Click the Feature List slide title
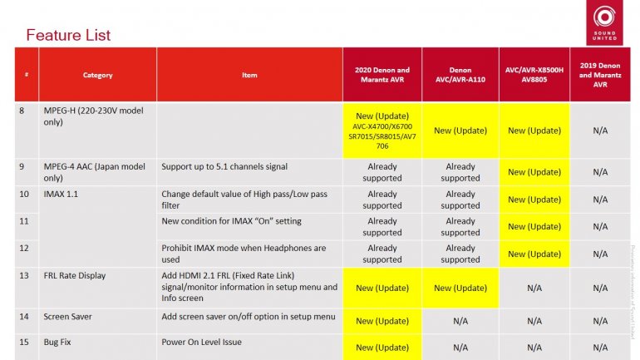(x=68, y=35)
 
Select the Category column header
(x=97, y=75)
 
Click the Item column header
(x=249, y=75)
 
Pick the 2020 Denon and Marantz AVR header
(x=382, y=75)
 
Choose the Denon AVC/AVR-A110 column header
(x=460, y=75)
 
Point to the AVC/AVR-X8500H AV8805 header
(x=534, y=75)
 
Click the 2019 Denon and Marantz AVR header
(x=599, y=75)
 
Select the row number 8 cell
(x=22, y=111)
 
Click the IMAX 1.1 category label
(x=61, y=194)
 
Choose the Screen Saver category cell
(x=67, y=317)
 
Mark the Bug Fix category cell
(x=58, y=342)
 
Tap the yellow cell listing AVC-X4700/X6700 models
(x=382, y=130)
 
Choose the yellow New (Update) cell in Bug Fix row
(x=382, y=346)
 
